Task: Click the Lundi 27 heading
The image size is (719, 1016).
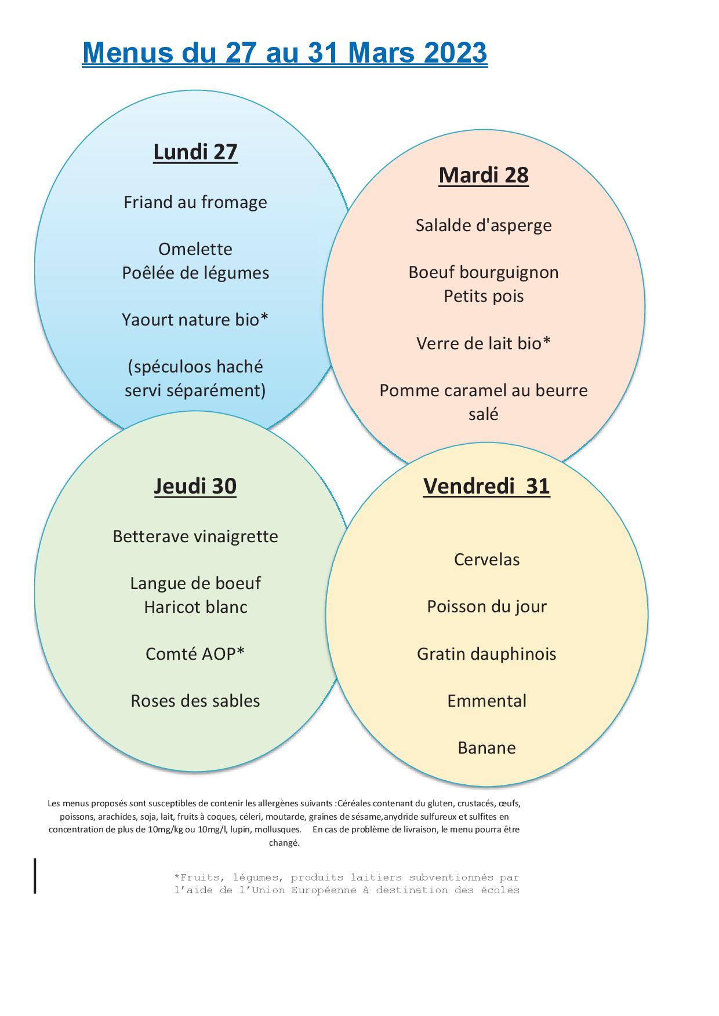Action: (195, 152)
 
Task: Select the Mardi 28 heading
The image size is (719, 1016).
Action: (484, 175)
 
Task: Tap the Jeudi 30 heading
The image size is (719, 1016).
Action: (195, 486)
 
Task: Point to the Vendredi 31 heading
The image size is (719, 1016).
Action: (486, 486)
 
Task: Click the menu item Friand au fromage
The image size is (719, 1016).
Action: (195, 202)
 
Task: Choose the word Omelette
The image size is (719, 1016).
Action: (195, 249)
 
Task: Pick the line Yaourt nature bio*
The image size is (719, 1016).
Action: (195, 320)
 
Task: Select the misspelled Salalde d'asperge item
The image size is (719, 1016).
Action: (484, 225)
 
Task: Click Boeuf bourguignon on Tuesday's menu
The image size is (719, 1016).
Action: (484, 273)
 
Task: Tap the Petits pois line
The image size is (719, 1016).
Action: (484, 296)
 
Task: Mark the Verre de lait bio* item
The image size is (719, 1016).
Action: (484, 343)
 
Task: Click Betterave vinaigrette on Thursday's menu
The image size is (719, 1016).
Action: (195, 536)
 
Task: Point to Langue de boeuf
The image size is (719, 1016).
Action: (195, 583)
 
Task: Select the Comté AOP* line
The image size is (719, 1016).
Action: (195, 654)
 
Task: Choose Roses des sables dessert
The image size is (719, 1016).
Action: (195, 701)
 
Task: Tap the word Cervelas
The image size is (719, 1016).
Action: (486, 560)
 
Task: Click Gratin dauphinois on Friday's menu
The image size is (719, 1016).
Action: (486, 654)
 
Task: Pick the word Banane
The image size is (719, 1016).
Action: (486, 748)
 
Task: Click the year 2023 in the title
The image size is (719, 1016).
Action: (456, 53)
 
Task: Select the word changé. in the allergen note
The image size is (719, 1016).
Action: (284, 843)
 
